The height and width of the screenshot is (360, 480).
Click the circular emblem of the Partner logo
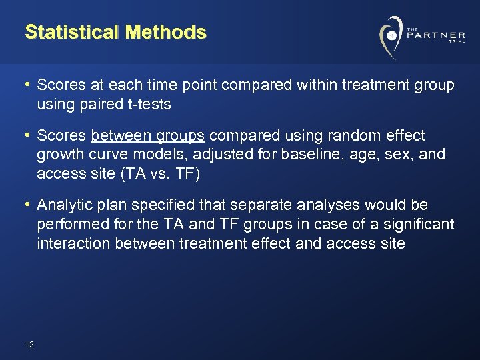(390, 35)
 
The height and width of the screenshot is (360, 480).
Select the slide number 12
(29, 345)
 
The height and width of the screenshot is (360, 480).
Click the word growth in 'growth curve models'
(59, 155)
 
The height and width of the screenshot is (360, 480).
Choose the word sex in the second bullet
(409, 155)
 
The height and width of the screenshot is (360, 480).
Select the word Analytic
(62, 205)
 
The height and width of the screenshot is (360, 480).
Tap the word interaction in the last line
(73, 243)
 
